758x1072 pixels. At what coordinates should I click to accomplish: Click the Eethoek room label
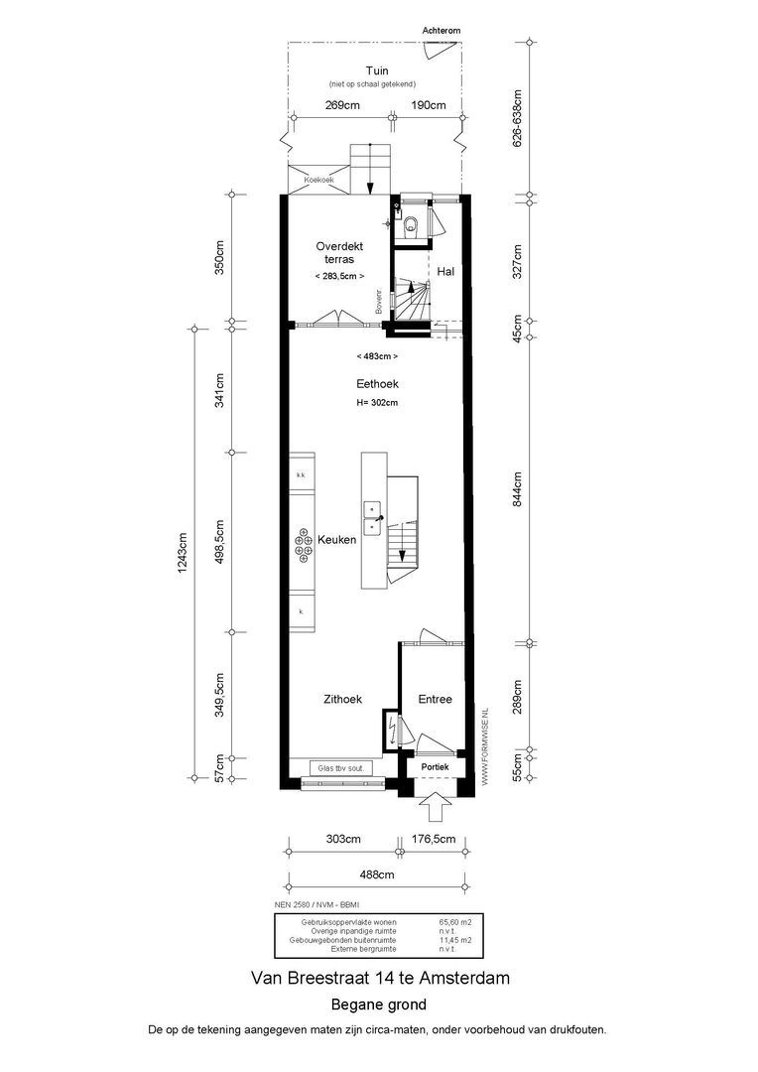[377, 384]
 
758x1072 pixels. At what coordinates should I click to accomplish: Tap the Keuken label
[337, 541]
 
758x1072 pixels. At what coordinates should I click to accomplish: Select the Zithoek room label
[342, 699]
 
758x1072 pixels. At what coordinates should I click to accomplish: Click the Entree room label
[435, 699]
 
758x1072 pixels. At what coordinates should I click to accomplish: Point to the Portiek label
[435, 767]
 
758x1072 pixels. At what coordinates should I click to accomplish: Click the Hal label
[445, 271]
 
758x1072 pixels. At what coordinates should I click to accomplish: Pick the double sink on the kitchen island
[373, 517]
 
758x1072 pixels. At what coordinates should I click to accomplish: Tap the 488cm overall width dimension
[376, 874]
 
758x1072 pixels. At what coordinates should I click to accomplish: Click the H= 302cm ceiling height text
[377, 403]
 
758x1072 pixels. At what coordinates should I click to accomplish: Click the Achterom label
[442, 32]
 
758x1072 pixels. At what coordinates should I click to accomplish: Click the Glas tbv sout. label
[339, 768]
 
